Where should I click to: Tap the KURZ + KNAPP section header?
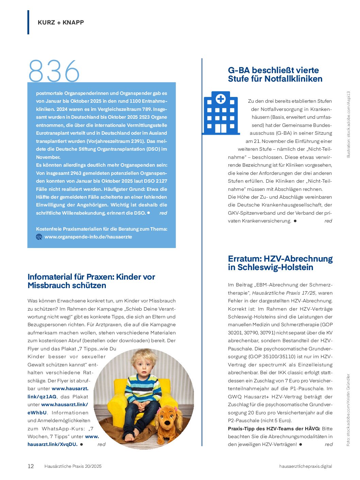(61, 22)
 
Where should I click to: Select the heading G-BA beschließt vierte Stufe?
(275, 75)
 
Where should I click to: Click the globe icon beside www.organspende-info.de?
(39, 237)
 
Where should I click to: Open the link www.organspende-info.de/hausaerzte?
(88, 237)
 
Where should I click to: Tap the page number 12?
(31, 466)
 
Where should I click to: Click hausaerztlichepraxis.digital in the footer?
(305, 466)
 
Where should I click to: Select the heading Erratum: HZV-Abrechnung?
(280, 263)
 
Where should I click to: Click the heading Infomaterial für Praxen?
(91, 281)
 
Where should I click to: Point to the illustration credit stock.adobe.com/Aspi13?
(348, 124)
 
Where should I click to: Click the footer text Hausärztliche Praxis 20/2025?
(73, 466)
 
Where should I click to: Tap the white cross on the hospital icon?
(220, 99)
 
